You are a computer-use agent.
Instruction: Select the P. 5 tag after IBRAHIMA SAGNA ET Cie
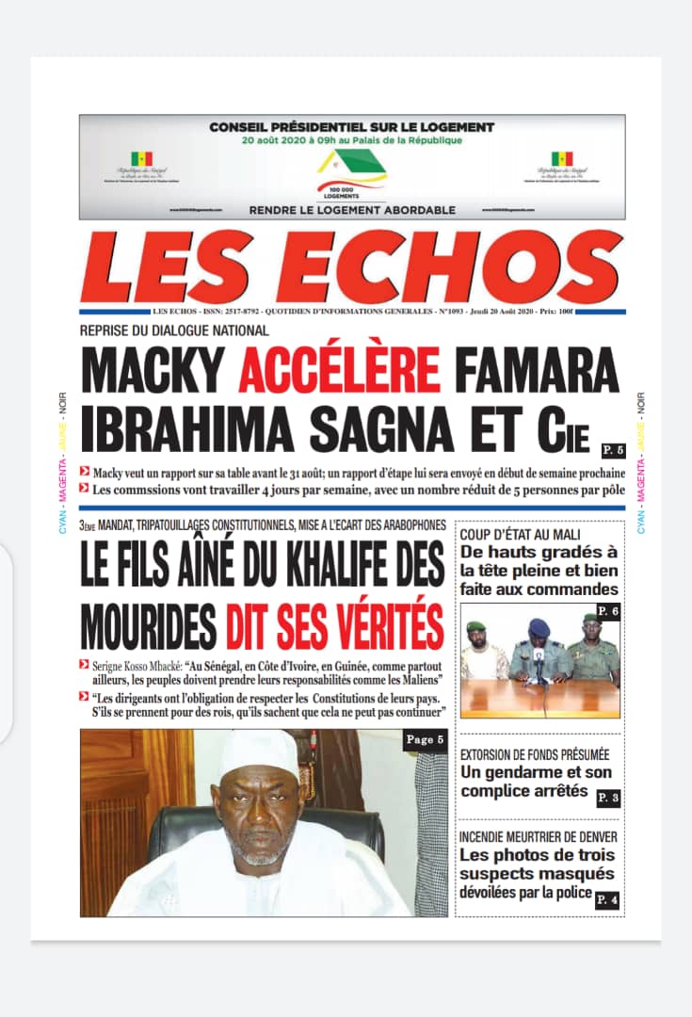[612, 447]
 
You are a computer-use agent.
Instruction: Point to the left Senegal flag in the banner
[142, 159]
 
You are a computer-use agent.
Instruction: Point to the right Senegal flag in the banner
[562, 159]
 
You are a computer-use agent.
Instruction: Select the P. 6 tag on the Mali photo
[609, 611]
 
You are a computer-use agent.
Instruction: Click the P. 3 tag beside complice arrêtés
[608, 798]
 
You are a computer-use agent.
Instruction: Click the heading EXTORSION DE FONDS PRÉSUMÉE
[535, 755]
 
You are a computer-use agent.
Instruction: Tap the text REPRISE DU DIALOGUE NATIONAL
[175, 330]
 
